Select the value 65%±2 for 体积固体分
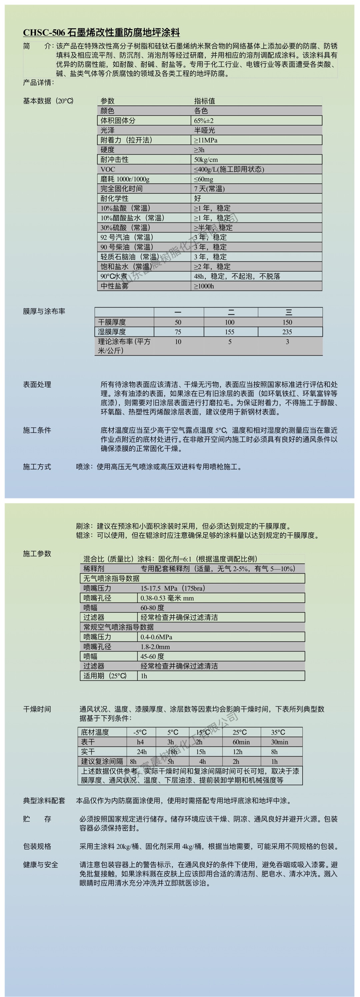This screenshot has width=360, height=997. coord(203,120)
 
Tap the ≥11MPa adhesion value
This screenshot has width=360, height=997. coord(205,140)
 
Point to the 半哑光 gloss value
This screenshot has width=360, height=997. coord(204,130)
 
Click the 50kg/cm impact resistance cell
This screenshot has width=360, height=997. coord(206,159)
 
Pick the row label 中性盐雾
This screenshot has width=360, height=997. coord(114,286)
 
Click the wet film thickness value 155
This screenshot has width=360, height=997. coord(229,332)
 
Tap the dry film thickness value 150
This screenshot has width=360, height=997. coord(287,322)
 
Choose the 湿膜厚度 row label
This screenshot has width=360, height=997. coord(112,332)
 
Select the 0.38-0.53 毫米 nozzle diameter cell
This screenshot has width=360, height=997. coord(167,598)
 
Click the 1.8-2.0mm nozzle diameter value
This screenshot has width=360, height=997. coord(155,647)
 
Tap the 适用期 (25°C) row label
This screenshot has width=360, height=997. coord(105,676)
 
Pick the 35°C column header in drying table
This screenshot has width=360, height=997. coord(278,732)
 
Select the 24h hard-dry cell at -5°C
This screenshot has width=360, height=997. coord(141,752)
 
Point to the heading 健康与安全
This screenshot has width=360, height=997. coord(40,865)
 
